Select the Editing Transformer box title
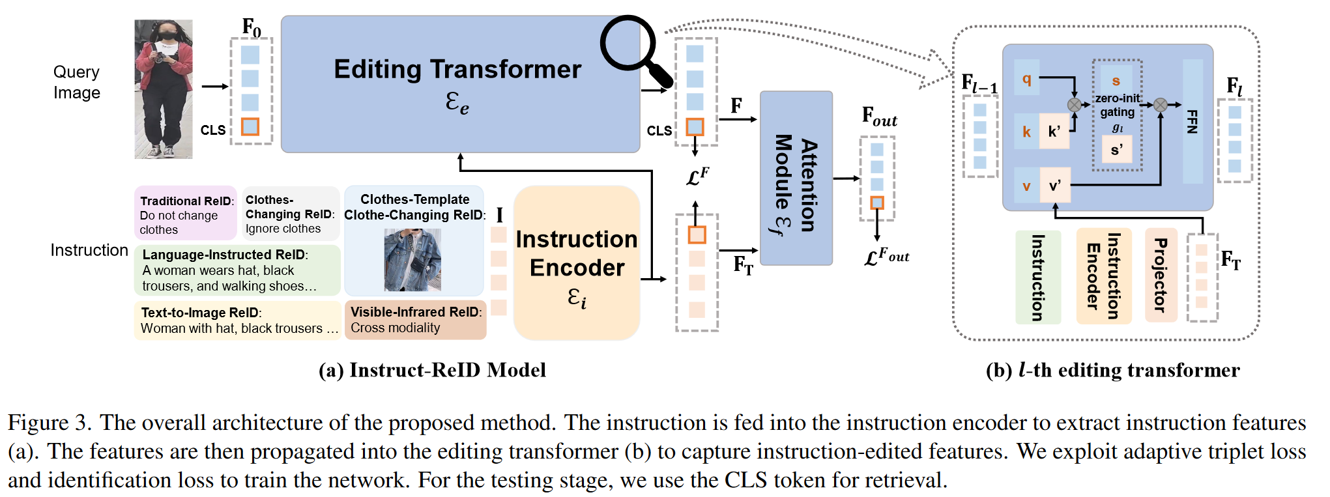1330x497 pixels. pos(457,70)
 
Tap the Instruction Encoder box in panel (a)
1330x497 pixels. pos(577,263)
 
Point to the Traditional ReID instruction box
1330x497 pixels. pos(185,214)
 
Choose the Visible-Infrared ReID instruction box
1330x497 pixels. pos(415,320)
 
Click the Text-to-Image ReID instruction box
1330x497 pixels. pos(238,320)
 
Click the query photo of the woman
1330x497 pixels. pos(164,89)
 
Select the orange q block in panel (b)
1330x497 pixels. pos(1026,79)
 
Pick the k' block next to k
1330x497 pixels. pos(1054,132)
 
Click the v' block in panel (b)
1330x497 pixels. pos(1054,186)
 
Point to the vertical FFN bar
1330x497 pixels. pos(1193,121)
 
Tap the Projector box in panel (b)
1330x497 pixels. pos(1161,275)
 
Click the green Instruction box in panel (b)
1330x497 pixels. pos(1037,277)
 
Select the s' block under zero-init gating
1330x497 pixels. pos(1116,150)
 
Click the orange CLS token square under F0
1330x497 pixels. pos(250,126)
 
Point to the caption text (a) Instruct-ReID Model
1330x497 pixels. pos(432,370)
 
